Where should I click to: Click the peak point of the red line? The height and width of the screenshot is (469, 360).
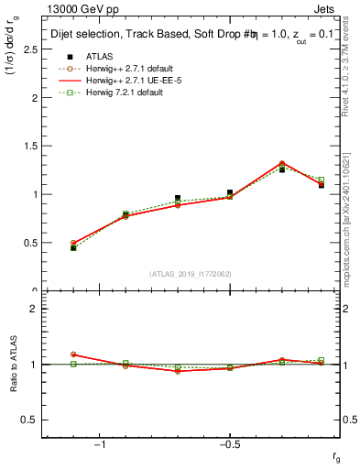[x=282, y=163]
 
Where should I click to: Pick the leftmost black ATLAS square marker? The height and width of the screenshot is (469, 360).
[x=73, y=248]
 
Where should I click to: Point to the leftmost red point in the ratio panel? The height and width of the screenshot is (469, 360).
[x=73, y=354]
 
